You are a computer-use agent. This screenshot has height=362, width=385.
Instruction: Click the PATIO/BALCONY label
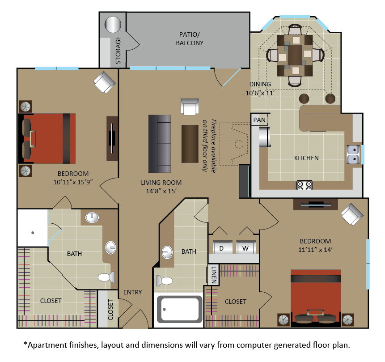pyautogui.click(x=190, y=39)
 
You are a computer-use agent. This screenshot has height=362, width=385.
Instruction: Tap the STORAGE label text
pyautogui.click(x=118, y=50)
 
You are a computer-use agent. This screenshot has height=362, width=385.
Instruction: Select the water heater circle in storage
pyautogui.click(x=113, y=25)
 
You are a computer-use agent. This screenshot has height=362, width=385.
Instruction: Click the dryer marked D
pyautogui.click(x=222, y=247)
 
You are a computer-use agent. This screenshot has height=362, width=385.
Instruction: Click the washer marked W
pyautogui.click(x=246, y=247)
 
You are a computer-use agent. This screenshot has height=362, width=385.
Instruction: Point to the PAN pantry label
pyautogui.click(x=259, y=120)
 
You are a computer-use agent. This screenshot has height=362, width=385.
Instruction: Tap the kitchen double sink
pyautogui.click(x=353, y=154)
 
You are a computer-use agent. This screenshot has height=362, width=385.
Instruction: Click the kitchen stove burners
pyautogui.click(x=304, y=185)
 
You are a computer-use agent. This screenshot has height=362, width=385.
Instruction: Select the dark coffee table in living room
pyautogui.click(x=190, y=144)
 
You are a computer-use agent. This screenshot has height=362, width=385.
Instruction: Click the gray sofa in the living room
pyautogui.click(x=160, y=144)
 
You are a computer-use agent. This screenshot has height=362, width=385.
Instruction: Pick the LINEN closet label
pyautogui.click(x=214, y=275)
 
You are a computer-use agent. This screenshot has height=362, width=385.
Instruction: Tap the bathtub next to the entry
pyautogui.click(x=178, y=309)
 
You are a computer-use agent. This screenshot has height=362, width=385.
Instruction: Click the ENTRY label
pyautogui.click(x=133, y=292)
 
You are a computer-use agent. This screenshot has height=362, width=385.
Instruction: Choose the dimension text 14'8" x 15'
pyautogui.click(x=161, y=191)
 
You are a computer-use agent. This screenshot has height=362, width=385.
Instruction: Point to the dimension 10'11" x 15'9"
pyautogui.click(x=73, y=182)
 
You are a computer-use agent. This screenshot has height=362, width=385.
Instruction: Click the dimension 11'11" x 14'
pyautogui.click(x=315, y=250)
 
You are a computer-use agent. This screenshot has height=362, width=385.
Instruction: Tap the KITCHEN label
pyautogui.click(x=306, y=158)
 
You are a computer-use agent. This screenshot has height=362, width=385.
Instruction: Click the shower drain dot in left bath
pyautogui.click(x=33, y=233)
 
